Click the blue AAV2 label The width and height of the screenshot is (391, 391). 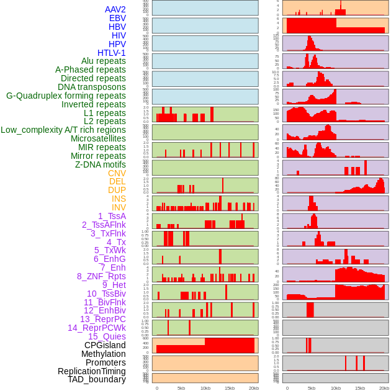pyautogui.click(x=115, y=10)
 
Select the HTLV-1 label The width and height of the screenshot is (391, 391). pyautogui.click(x=112, y=53)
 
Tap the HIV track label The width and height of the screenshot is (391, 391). pyautogui.click(x=119, y=35)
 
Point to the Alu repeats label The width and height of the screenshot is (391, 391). pyautogui.click(x=104, y=61)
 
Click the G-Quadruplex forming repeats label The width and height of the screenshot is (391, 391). pyautogui.click(x=66, y=96)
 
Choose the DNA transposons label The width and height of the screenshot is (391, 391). pyautogui.click(x=92, y=87)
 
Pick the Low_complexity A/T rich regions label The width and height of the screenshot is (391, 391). pyautogui.click(x=63, y=130)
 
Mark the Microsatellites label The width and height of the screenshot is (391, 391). pyautogui.click(x=98, y=138)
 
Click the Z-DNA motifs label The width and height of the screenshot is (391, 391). pyautogui.click(x=101, y=164)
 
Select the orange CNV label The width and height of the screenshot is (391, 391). pyautogui.click(x=117, y=173)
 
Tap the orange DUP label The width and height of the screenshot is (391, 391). pyautogui.click(x=117, y=190)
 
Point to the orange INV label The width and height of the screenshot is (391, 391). pyautogui.click(x=119, y=207)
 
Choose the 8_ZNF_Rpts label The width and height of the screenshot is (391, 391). pyautogui.click(x=101, y=276)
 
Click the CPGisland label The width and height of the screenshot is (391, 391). pyautogui.click(x=105, y=345)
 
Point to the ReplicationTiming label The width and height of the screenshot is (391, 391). pyautogui.click(x=91, y=371)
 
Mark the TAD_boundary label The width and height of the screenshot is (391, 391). pyautogui.click(x=97, y=379)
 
